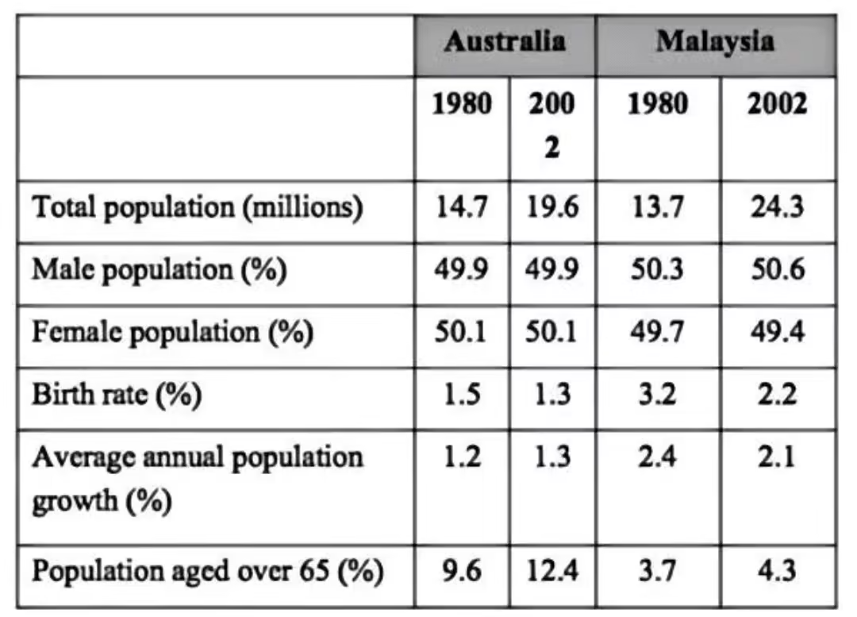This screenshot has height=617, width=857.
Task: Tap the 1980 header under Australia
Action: coord(461,104)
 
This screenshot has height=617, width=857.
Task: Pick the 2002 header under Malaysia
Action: coord(777,104)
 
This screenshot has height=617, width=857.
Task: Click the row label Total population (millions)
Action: coord(198,207)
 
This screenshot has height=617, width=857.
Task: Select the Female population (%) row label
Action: coord(172,332)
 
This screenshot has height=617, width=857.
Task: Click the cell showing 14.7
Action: coord(461,207)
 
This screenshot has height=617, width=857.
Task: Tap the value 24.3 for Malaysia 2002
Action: coord(777,207)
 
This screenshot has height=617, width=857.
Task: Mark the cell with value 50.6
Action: coord(777,269)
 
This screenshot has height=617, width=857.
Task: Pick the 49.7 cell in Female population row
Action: coord(657,332)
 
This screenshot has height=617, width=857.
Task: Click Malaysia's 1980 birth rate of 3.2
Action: coord(657,395)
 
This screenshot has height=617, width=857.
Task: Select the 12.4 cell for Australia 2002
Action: coord(551,571)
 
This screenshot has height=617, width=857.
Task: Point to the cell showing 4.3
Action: coord(777,571)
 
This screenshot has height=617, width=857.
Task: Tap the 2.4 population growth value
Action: coord(657,457)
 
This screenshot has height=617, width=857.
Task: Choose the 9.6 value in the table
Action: coord(461,571)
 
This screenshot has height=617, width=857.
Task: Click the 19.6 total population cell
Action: coord(551,207)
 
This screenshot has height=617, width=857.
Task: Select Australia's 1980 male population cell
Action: coord(461,269)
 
